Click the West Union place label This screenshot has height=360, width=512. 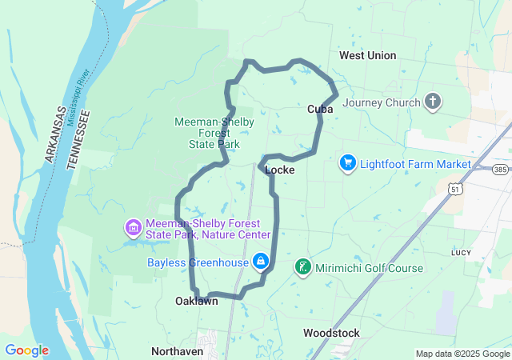[x=367, y=55]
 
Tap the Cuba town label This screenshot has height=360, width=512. [x=320, y=109]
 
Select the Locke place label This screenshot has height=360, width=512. [x=279, y=170]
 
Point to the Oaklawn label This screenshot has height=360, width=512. [x=197, y=302]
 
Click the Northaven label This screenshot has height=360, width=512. [x=178, y=351]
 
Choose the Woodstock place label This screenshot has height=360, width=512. [x=331, y=333]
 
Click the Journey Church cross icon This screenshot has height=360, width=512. [x=433, y=102]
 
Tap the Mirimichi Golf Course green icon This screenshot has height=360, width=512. [x=303, y=267]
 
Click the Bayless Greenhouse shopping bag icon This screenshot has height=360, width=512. [x=261, y=262]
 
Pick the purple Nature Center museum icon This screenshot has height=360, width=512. [x=133, y=229]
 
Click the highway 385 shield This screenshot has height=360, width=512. [x=500, y=170]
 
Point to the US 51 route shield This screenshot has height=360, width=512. [x=454, y=189]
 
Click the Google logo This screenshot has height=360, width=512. [x=26, y=350]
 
